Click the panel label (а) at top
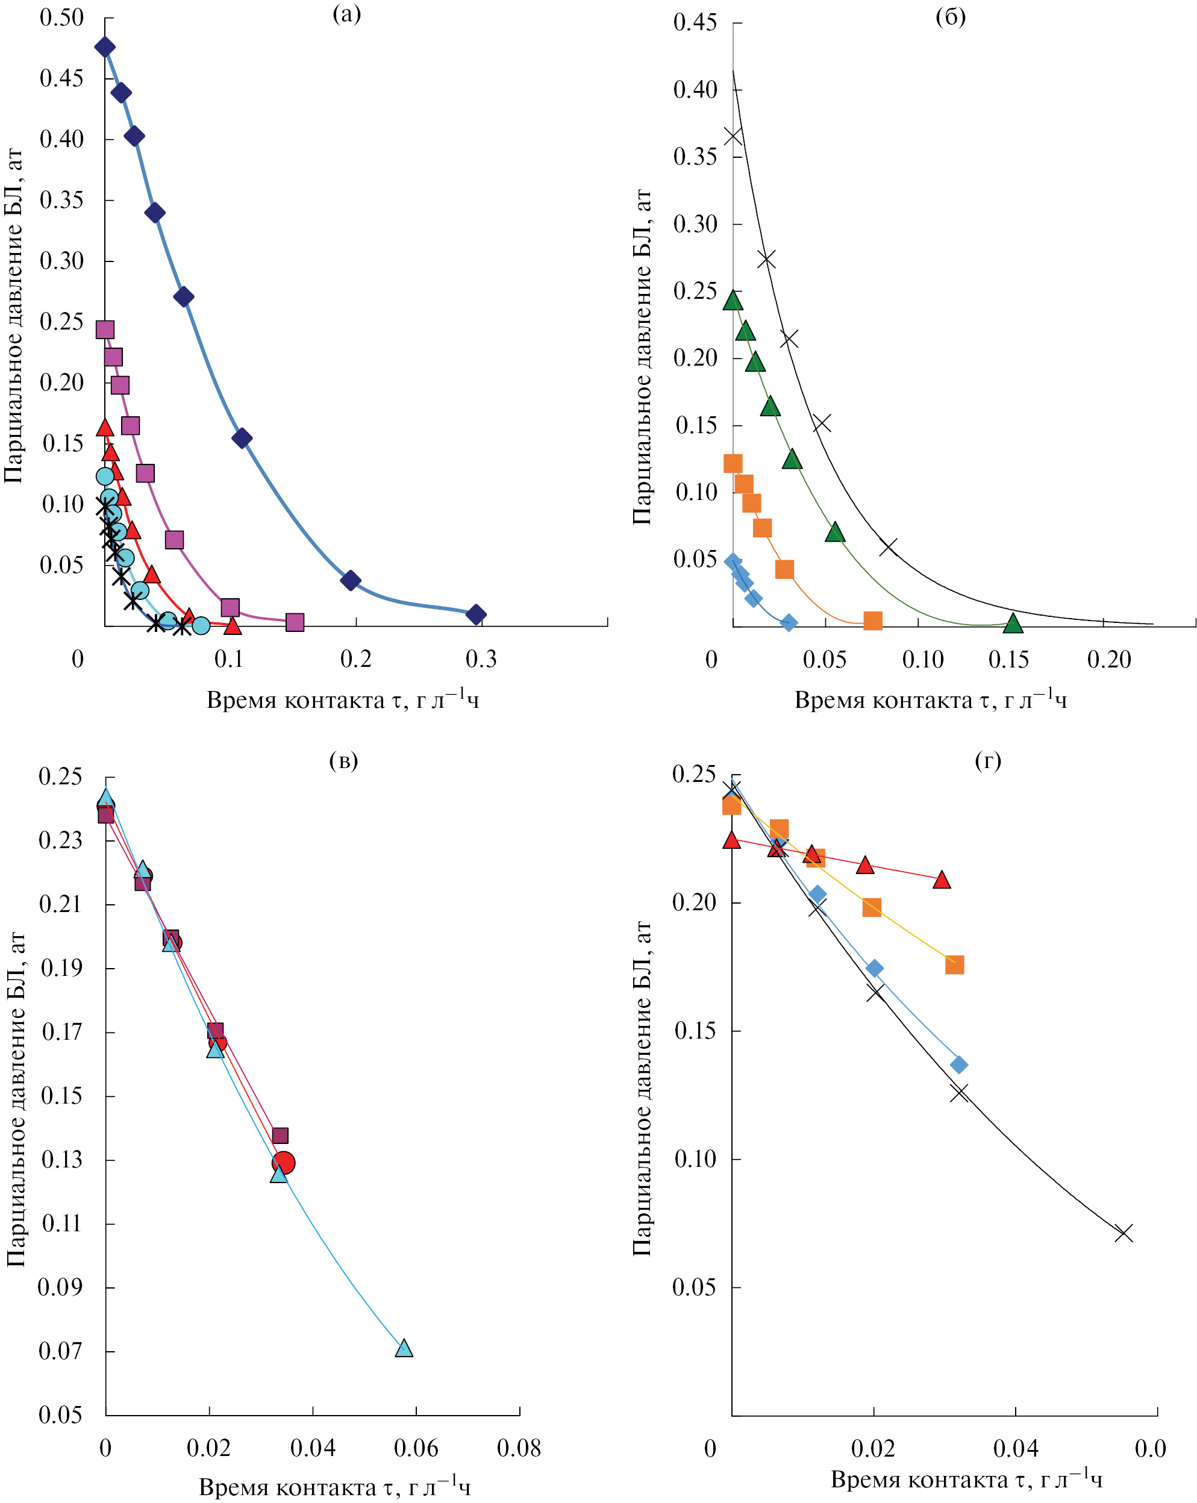pos(346,14)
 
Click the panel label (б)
pos(950,16)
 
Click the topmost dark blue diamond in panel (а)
pos(105,48)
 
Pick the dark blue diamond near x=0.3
pos(476,614)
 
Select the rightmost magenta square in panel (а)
pos(295,622)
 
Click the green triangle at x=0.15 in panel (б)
pos(1013,623)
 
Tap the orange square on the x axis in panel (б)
pos(873,620)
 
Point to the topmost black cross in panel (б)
pos(733,136)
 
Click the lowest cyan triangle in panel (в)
pos(404,1348)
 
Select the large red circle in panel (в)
pos(283,1162)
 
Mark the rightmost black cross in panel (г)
pos(1123,1233)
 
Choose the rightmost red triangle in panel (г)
pos(942,880)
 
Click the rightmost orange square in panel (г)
pos(954,965)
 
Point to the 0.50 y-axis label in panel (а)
pos(61,18)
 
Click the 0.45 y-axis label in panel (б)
pos(695,22)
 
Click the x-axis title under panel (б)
pos(931,699)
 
